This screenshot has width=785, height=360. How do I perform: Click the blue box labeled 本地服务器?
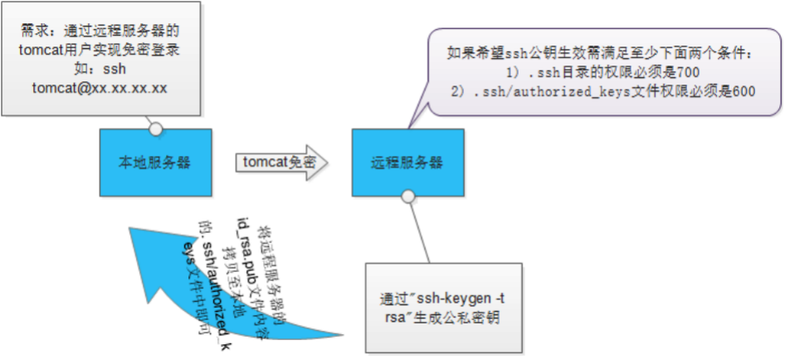click(x=156, y=163)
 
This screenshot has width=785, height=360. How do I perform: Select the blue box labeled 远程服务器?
click(x=407, y=163)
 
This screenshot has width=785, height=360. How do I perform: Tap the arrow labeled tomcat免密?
click(x=282, y=163)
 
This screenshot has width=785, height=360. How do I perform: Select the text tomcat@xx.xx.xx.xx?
click(x=100, y=88)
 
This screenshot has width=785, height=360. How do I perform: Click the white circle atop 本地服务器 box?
click(x=156, y=129)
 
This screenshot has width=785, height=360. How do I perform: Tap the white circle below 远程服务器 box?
click(x=407, y=197)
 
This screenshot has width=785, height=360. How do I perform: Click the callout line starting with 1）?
click(x=603, y=73)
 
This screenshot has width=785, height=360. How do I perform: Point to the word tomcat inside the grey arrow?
click(x=266, y=163)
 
